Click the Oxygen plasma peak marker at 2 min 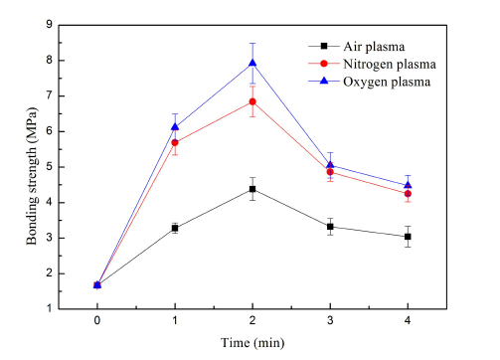[x=252, y=63]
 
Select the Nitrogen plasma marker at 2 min [x=252, y=101]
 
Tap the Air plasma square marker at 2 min [x=252, y=189]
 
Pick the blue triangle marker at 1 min [x=175, y=126]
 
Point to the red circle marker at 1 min [x=175, y=142]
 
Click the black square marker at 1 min [x=175, y=228]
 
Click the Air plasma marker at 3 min [x=330, y=227]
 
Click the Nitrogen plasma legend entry [x=384, y=64]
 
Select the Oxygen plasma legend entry [x=381, y=82]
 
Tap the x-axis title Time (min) [x=252, y=343]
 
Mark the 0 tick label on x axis [x=97, y=321]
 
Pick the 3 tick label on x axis [x=330, y=321]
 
